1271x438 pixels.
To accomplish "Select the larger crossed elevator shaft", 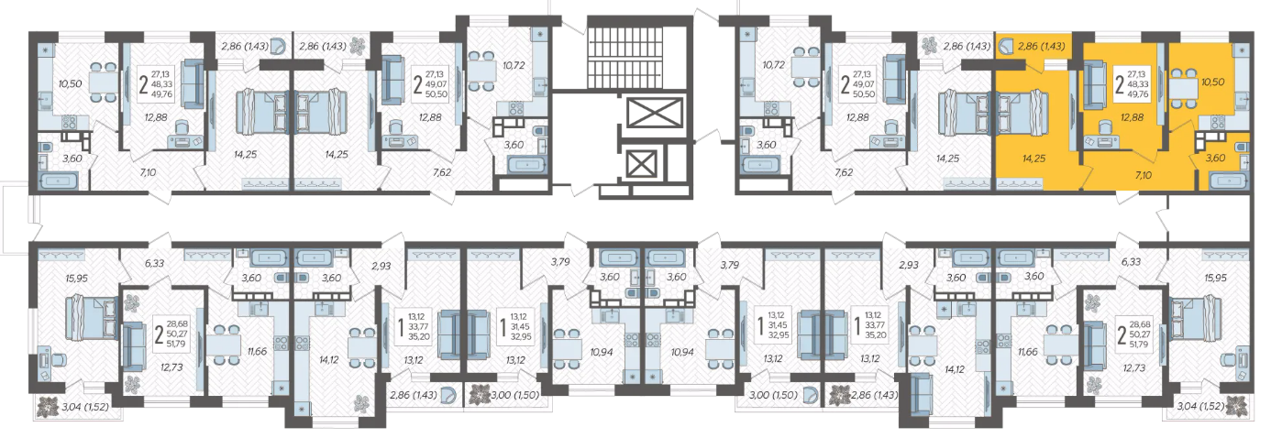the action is point(654,115).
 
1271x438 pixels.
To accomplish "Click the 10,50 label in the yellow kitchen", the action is point(1212,82).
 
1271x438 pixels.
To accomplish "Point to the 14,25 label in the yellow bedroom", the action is point(1033,159).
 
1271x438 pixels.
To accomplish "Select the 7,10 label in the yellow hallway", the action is point(1144,175).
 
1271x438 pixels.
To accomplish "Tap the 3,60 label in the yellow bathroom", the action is point(1215,159).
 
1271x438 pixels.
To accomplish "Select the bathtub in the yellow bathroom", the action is point(1228,181).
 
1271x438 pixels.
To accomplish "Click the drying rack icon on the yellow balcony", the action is point(1006,45).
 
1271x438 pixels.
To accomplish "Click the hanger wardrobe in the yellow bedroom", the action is point(1020,183).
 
